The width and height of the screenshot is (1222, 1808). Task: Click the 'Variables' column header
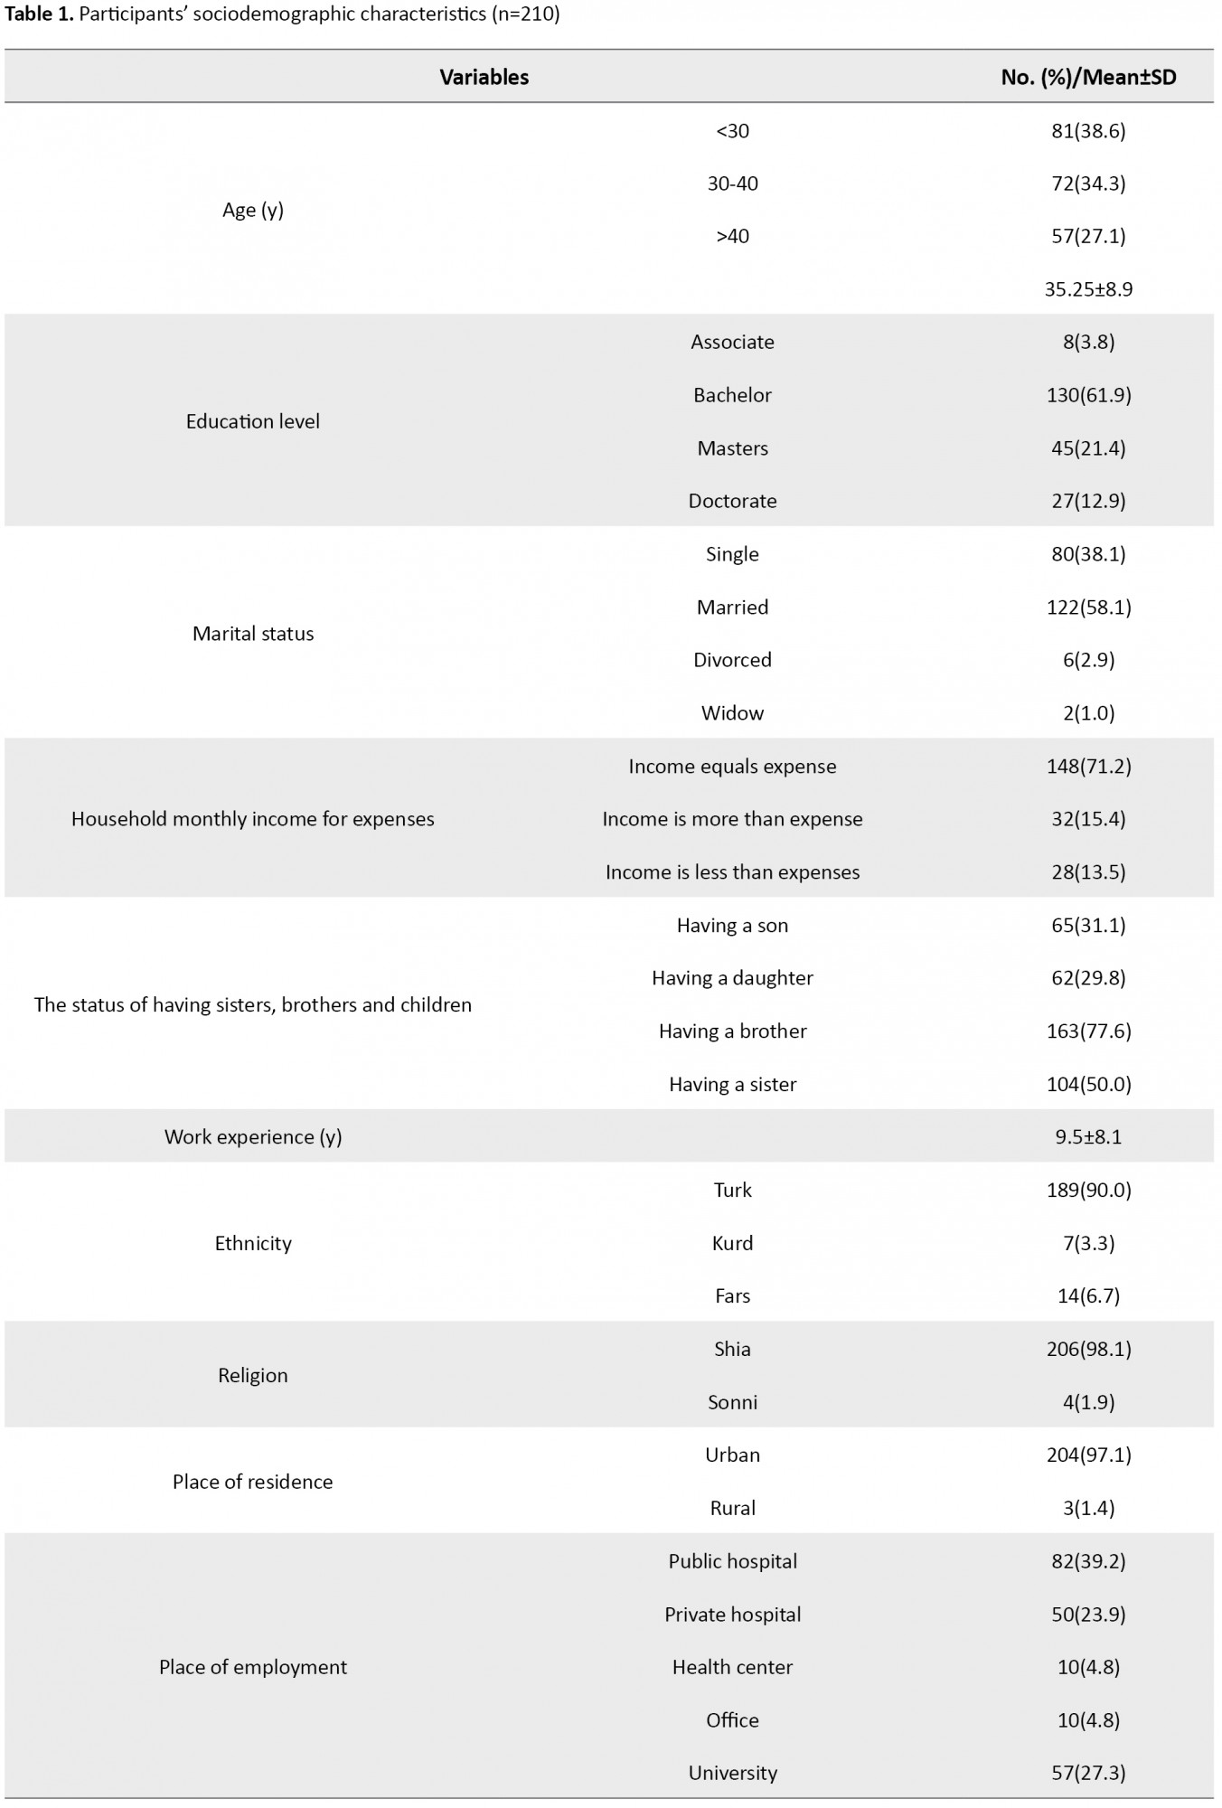[x=484, y=78]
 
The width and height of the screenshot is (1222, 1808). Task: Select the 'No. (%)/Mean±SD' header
[x=1088, y=78]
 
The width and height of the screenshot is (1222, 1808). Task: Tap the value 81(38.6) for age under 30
[x=1088, y=131]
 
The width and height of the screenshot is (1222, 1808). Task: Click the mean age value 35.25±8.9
[x=1088, y=289]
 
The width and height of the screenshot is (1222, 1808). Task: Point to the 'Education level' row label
[x=253, y=421]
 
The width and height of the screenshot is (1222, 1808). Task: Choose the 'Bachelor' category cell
[x=732, y=395]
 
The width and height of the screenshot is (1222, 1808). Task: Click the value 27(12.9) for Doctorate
[x=1088, y=501]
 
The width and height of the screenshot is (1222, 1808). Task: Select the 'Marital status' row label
[x=253, y=634]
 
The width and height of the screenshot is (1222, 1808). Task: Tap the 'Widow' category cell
[x=732, y=713]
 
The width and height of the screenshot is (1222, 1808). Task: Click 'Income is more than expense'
[x=732, y=819]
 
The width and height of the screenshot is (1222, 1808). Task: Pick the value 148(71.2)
[x=1088, y=767]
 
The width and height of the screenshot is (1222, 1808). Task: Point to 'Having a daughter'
[x=732, y=978]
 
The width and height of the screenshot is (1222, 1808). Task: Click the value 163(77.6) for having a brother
[x=1088, y=1031]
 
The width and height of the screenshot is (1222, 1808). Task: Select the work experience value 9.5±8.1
[x=1088, y=1137]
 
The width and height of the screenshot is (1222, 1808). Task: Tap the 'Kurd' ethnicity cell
[x=732, y=1243]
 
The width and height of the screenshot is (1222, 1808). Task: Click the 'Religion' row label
[x=253, y=1376]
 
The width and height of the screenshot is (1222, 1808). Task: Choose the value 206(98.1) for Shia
[x=1088, y=1349]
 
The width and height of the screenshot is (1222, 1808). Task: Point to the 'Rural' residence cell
[x=732, y=1508]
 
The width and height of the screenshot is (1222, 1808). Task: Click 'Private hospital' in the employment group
[x=732, y=1615]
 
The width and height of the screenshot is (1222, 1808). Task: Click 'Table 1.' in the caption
[x=39, y=15]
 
